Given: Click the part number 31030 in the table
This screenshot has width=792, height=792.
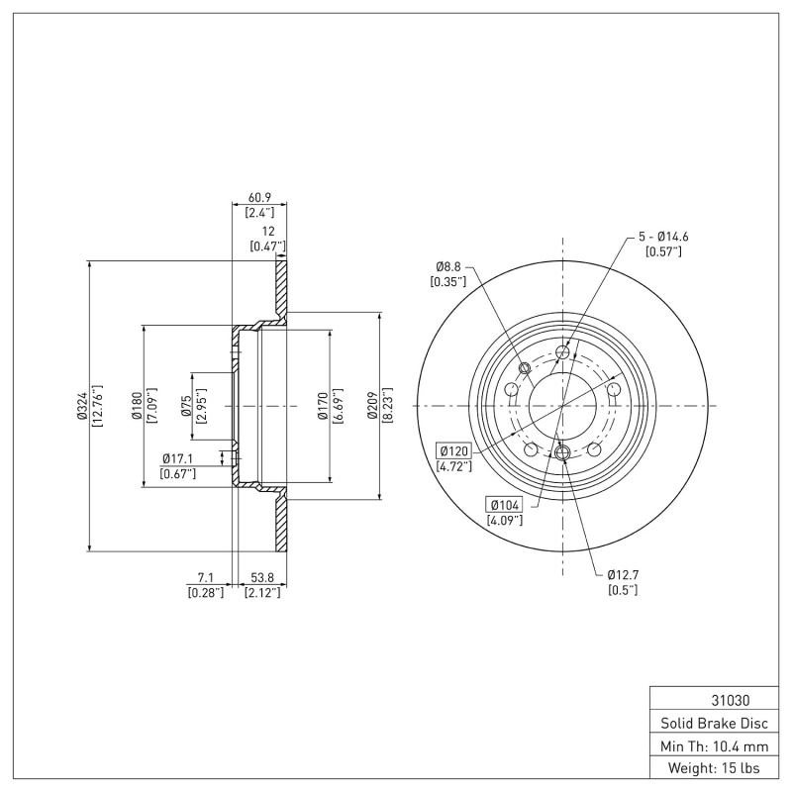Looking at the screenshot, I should [x=709, y=698].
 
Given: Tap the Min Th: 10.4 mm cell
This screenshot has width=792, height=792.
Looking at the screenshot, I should [x=709, y=745].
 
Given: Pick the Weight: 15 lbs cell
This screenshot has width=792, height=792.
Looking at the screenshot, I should [x=709, y=768].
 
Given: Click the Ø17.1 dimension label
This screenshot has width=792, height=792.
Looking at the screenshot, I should [x=178, y=457].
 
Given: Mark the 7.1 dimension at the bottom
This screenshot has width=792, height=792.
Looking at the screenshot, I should [x=205, y=575].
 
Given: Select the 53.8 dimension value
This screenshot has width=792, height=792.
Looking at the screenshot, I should [x=262, y=575].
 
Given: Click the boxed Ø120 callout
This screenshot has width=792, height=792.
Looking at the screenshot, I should [x=453, y=451].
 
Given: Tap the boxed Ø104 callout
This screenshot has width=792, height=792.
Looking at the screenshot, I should [x=504, y=504].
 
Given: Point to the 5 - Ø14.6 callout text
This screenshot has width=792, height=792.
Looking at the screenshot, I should [x=662, y=237].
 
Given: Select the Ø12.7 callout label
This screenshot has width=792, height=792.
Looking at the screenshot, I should [x=622, y=574].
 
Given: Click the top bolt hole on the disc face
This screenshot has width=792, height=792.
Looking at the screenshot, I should [x=563, y=352].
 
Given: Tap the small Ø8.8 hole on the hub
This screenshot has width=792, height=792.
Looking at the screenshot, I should [x=525, y=369].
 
